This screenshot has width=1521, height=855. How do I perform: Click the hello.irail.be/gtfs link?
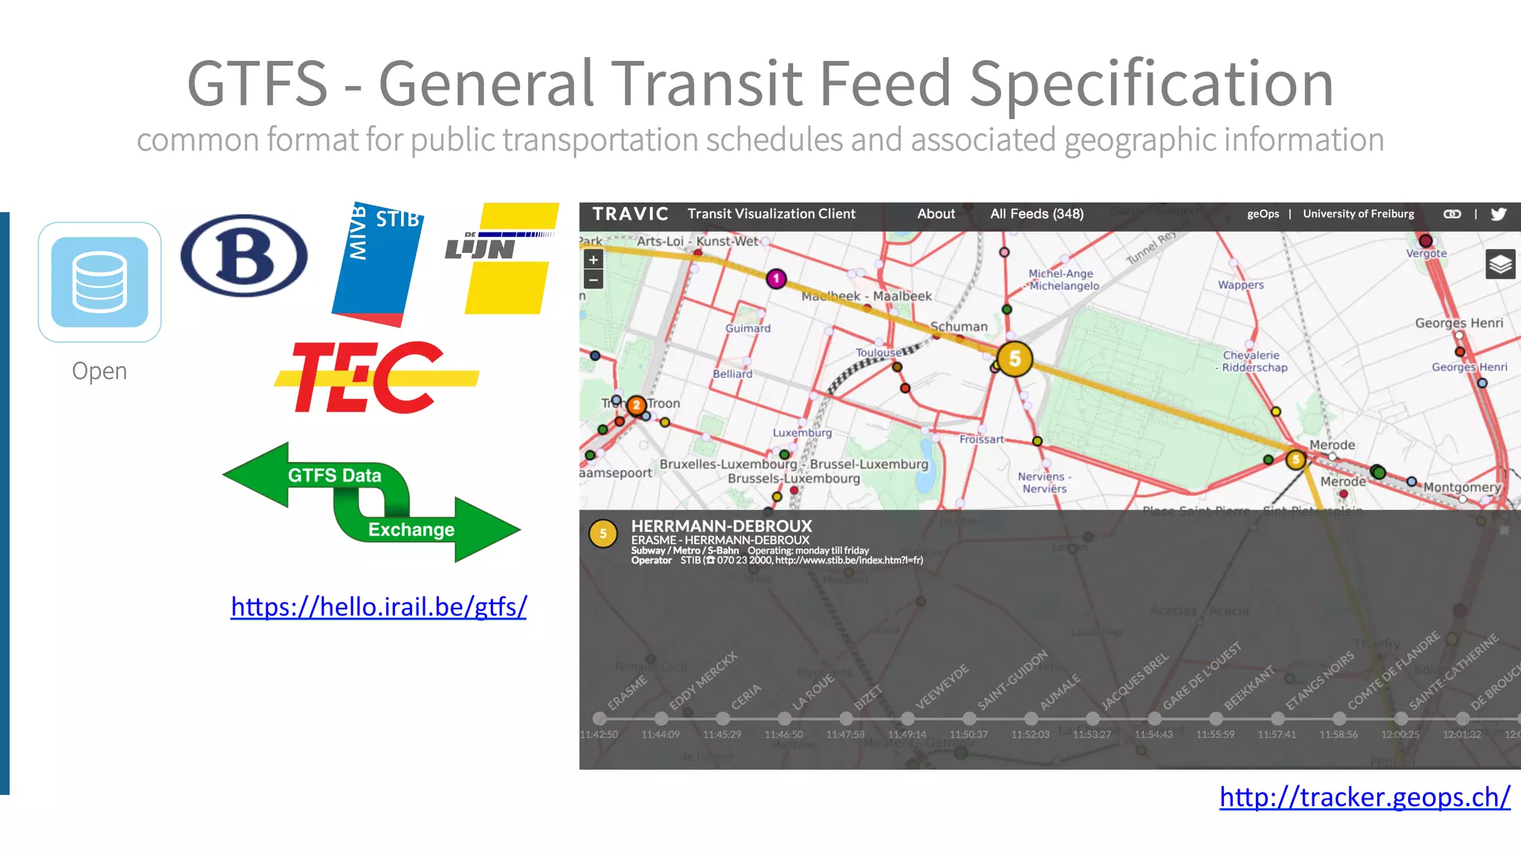pos(379,607)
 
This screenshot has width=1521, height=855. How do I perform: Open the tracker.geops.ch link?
pos(1364,797)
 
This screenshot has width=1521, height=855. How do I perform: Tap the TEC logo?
pos(375,377)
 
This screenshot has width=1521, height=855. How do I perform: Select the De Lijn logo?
pos(502,258)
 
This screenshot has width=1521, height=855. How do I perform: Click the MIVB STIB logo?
pos(378,263)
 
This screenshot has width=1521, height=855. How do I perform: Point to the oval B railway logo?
pos(244,256)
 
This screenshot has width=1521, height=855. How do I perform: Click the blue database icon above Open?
pos(100,282)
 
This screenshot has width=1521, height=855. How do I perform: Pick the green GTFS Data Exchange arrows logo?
pos(371,502)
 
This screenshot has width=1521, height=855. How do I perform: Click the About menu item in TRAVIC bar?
pos(936,214)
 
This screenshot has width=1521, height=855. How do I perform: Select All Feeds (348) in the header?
pos(1037,214)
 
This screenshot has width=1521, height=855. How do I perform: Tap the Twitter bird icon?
pos(1499,214)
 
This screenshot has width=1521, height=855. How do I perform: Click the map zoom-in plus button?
pos(593,260)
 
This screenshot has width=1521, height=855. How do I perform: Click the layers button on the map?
pos(1500,264)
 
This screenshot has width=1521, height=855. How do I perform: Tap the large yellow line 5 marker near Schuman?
pos(1014,359)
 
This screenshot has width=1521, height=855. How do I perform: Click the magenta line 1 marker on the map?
pos(776,279)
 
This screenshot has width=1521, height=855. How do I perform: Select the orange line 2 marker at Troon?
pos(636,405)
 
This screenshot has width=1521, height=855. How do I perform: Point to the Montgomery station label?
pos(1462,488)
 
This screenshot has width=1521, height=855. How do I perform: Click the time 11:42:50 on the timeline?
pos(599,735)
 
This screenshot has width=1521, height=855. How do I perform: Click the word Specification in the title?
pos(1151,84)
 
